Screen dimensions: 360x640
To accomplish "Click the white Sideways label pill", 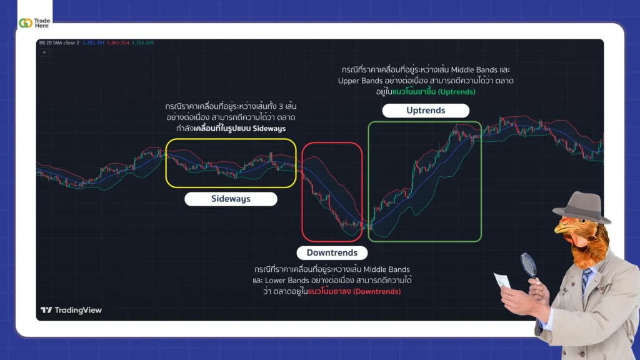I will click(231, 199).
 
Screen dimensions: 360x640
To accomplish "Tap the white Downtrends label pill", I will click(332, 252).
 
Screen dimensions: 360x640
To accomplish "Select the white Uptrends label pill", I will click(426, 110).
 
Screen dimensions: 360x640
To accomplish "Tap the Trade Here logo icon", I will click(26, 23).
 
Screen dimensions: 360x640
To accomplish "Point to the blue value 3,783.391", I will click(94, 43).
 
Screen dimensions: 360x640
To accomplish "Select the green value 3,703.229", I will click(142, 43).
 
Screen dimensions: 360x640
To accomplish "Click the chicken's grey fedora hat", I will click(581, 206).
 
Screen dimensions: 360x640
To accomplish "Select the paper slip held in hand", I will click(502, 281).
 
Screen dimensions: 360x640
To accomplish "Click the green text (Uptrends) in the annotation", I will click(456, 92).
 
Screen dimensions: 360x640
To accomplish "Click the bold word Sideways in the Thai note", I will click(270, 128).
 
